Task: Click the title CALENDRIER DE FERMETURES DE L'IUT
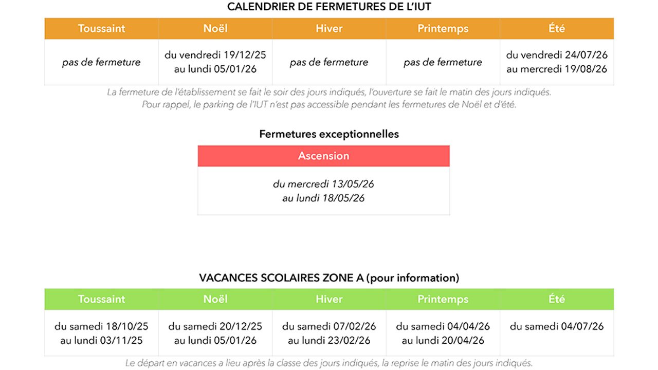tap(329, 7)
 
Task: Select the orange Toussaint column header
tap(101, 29)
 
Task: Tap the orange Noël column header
tap(215, 29)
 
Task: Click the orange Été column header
tap(557, 29)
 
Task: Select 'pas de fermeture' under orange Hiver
tap(329, 62)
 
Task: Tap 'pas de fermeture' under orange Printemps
tap(443, 62)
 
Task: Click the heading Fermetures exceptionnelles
tap(329, 134)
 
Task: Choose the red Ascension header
tap(323, 156)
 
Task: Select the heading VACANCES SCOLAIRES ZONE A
tap(282, 278)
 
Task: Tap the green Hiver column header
tap(329, 299)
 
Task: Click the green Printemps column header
tap(443, 299)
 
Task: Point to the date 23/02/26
tap(355, 340)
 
